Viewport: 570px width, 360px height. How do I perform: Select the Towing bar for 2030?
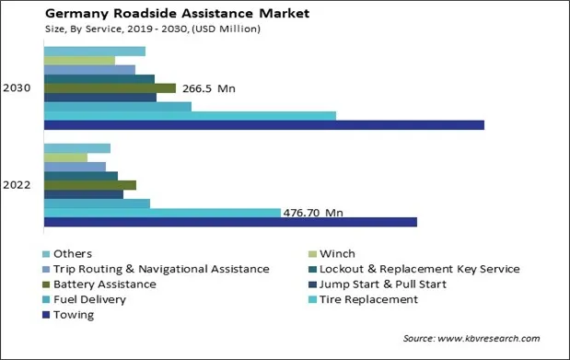click(263, 125)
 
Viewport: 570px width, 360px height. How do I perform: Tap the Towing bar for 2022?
click(230, 222)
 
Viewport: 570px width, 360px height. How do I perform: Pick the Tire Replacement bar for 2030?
click(190, 116)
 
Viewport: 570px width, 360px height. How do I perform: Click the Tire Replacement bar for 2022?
click(162, 213)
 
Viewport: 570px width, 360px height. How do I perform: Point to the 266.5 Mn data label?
click(208, 88)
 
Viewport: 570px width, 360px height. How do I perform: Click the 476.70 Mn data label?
click(313, 213)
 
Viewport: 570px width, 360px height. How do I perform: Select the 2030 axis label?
click(17, 88)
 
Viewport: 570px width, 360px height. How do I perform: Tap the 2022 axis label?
click(17, 185)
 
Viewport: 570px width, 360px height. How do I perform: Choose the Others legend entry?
click(72, 254)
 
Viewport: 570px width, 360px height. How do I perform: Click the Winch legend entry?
click(337, 254)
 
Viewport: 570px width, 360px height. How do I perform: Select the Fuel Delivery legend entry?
click(89, 299)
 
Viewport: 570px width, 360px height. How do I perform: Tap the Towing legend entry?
click(74, 315)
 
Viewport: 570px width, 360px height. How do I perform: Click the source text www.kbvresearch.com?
click(471, 339)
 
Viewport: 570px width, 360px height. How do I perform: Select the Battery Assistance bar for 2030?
click(110, 88)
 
